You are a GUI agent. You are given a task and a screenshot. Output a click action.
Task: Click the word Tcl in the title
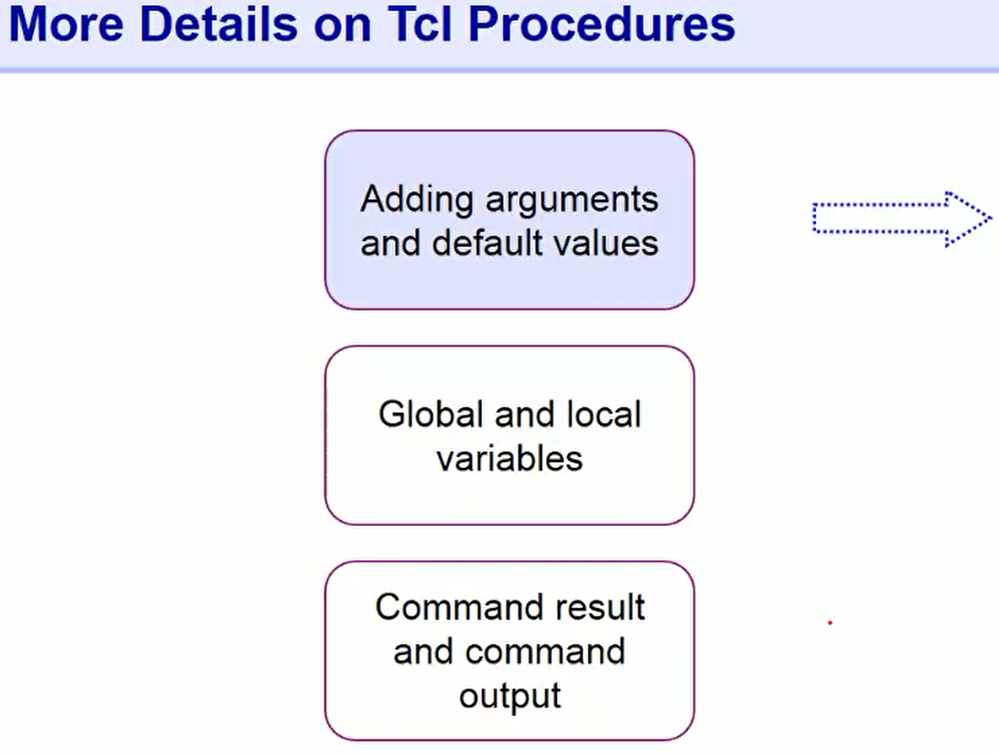[x=420, y=25]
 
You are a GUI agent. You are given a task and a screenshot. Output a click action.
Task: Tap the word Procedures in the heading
[x=601, y=25]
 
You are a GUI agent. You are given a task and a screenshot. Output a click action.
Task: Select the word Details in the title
[x=219, y=25]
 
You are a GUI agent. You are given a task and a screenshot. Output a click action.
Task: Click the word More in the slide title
[x=66, y=25]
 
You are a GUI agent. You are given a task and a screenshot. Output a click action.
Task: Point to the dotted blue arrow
[x=898, y=218]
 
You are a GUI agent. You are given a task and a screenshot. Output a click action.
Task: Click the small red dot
[x=830, y=623]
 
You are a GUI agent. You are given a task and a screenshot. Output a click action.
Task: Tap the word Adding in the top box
[x=417, y=200]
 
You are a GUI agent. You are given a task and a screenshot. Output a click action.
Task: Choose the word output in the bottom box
[x=510, y=697]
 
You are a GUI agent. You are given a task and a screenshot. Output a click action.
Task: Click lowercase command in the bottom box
[x=545, y=652]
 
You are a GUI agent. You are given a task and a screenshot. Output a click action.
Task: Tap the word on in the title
[x=342, y=25]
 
